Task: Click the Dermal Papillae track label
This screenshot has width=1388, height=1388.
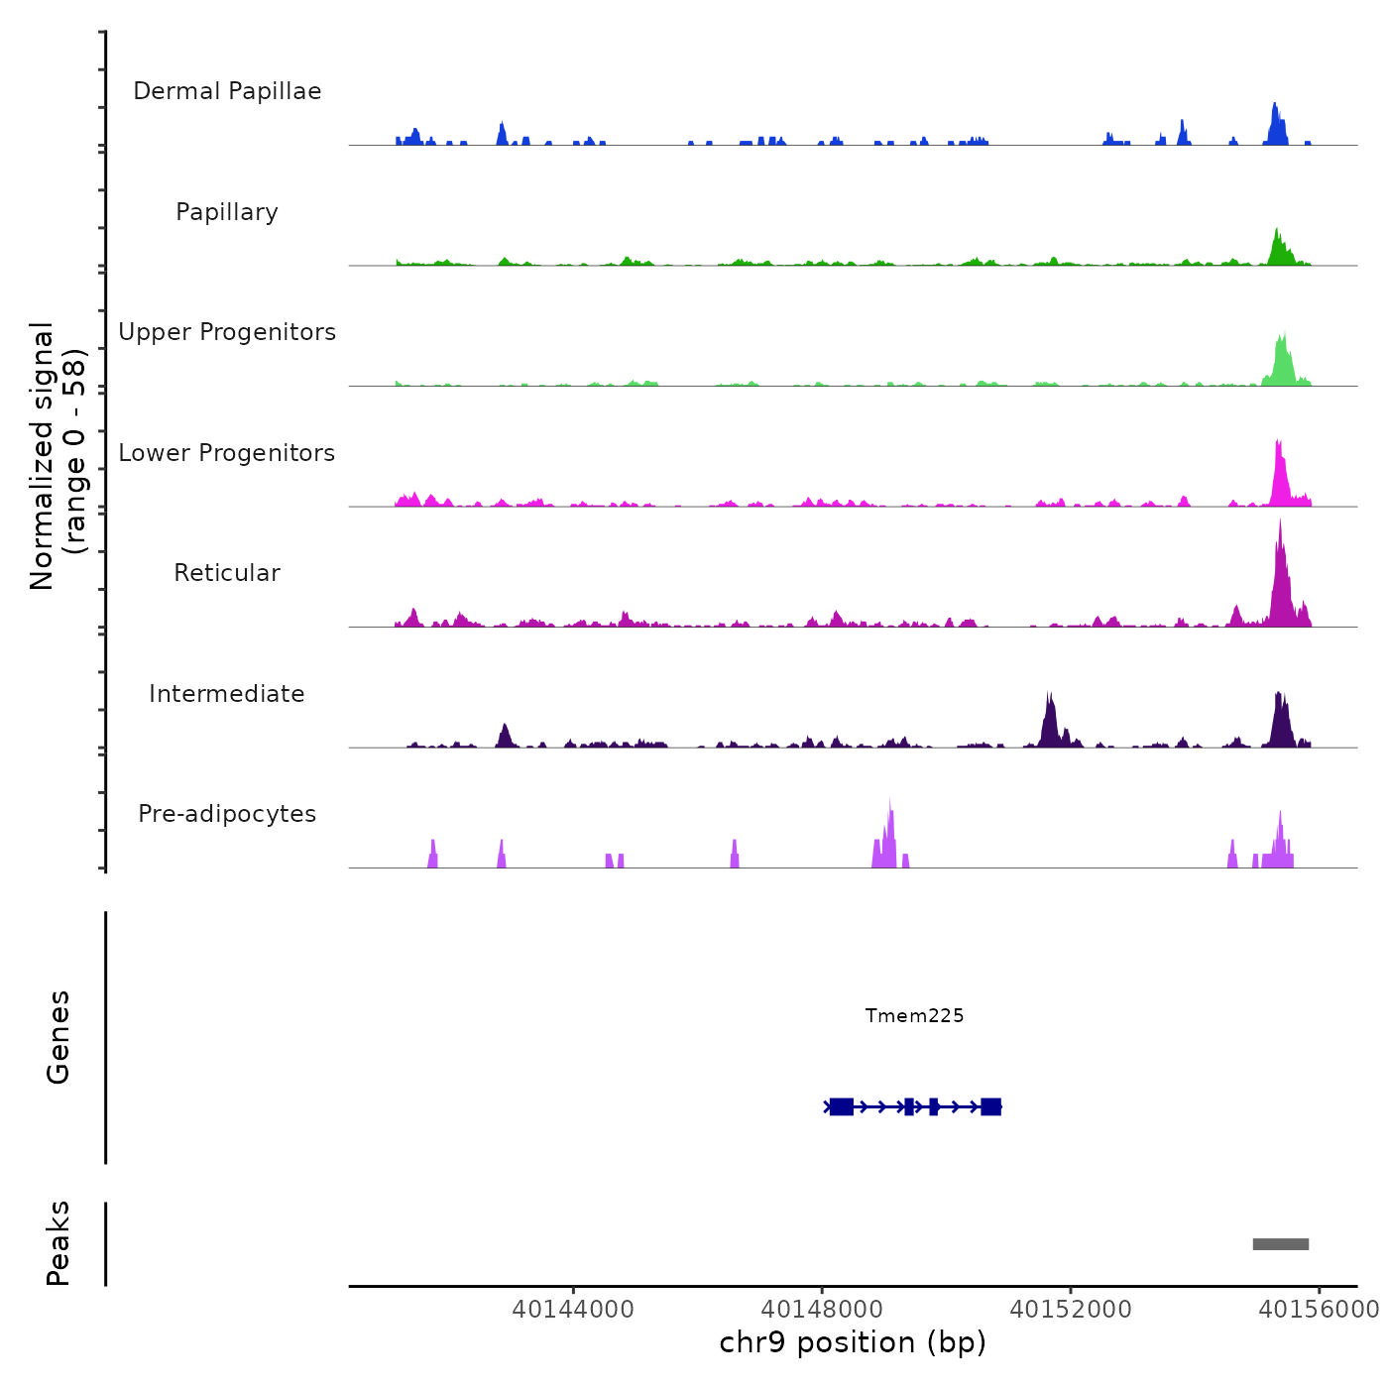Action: tap(227, 91)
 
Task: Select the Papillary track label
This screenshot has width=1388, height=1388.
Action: tap(227, 212)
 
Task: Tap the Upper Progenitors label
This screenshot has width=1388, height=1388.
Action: tap(227, 332)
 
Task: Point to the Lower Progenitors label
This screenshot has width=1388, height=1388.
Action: tap(227, 453)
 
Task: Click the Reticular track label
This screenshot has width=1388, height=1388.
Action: tap(227, 573)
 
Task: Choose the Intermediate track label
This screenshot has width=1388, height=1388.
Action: tap(227, 694)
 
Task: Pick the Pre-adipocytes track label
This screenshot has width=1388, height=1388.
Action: tap(227, 814)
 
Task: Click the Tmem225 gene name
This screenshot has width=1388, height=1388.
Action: tap(914, 1015)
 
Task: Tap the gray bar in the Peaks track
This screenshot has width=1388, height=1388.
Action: tap(1280, 1244)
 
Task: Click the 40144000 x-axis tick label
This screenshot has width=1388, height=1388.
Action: tap(573, 1310)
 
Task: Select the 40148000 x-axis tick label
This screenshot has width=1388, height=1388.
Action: tap(822, 1310)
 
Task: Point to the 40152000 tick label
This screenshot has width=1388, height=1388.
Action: tap(1071, 1310)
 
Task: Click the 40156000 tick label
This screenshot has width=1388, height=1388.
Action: tap(1319, 1310)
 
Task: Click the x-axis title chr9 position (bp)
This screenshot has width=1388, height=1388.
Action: tap(853, 1342)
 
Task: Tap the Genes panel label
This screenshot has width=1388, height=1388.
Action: tap(58, 1037)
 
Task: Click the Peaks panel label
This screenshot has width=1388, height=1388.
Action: tap(58, 1243)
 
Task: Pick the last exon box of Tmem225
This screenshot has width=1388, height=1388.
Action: tap(990, 1106)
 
